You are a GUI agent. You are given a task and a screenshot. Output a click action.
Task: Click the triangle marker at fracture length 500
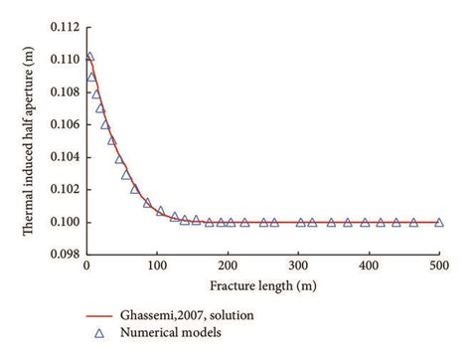tap(439, 223)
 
